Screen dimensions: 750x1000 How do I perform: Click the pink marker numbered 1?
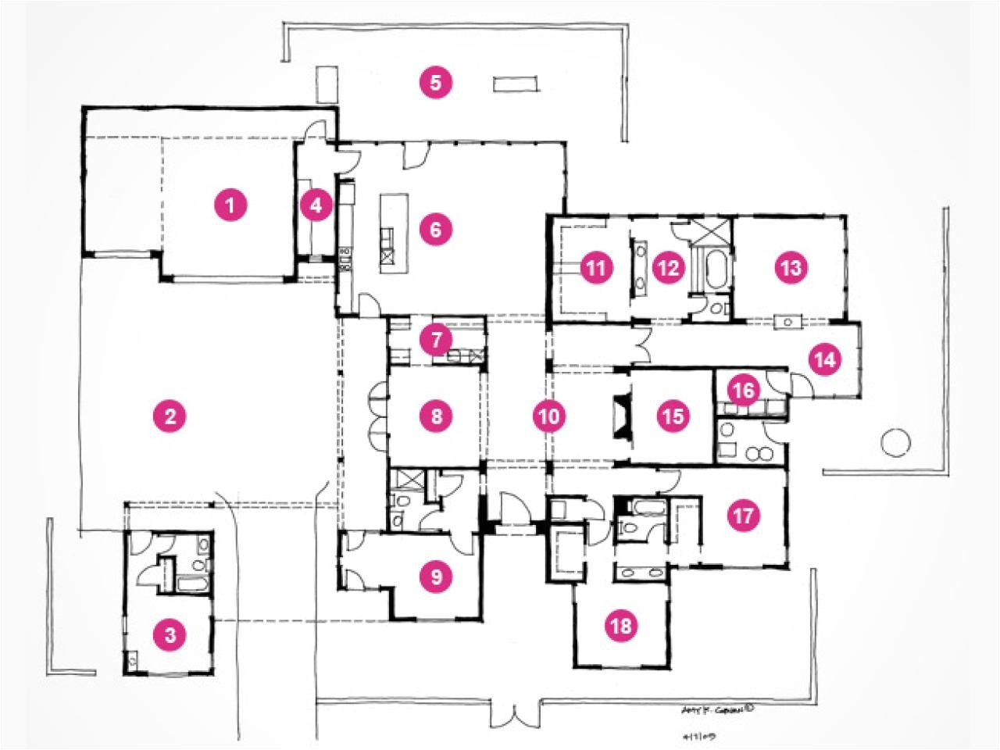coord(230,205)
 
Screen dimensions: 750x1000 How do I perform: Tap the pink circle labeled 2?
coord(170,416)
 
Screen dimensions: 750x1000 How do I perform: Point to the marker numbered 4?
coord(316,205)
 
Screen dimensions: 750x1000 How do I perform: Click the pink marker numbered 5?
coord(435,82)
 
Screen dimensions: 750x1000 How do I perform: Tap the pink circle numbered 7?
coord(435,339)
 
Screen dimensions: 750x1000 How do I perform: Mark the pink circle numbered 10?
coord(549,416)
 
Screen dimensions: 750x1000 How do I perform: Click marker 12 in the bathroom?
coord(668,268)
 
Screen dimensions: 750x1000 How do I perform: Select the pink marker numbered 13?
coord(791,268)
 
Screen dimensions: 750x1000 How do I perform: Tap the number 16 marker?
coord(744,388)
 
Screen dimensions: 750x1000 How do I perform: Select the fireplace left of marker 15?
coord(621,416)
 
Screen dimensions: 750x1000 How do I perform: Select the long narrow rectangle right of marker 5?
coord(515,83)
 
